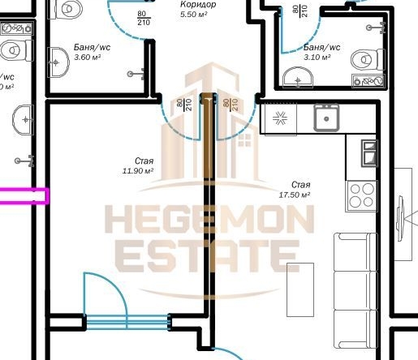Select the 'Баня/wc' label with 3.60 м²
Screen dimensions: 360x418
click(92, 47)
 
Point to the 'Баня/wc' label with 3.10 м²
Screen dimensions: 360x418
click(321, 47)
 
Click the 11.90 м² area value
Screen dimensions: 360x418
click(137, 171)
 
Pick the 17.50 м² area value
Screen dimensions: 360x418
click(295, 195)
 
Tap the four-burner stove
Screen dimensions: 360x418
click(361, 195)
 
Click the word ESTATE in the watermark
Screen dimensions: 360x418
click(208, 256)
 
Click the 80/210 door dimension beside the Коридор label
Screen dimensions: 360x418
click(143, 18)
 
